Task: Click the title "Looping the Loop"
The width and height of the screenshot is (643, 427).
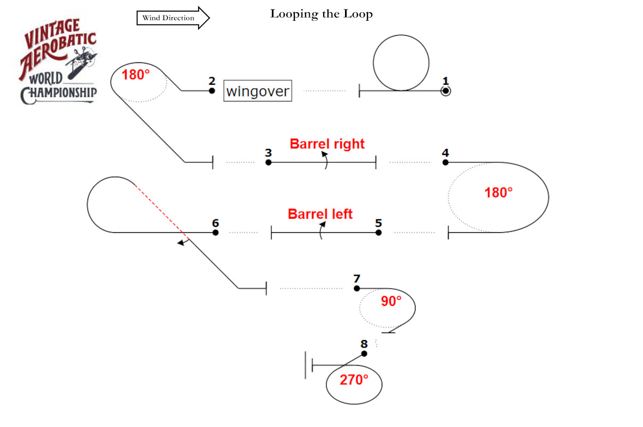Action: [x=321, y=14]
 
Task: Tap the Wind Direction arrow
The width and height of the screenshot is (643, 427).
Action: [x=173, y=18]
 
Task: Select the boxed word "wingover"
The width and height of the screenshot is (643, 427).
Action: [x=258, y=91]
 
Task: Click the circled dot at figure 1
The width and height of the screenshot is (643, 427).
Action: [x=445, y=91]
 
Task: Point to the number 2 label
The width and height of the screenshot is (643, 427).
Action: [x=212, y=81]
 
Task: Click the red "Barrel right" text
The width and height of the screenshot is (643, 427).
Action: [x=327, y=144]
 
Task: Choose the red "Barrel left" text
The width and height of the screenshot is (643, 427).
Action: [x=320, y=214]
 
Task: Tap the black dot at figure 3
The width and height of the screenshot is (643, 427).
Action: [x=269, y=162]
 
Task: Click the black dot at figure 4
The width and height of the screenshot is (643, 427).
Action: [x=445, y=162]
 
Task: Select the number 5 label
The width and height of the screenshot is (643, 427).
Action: [x=378, y=223]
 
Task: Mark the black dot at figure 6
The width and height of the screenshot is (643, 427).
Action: [x=215, y=233]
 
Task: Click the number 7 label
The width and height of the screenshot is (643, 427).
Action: [x=357, y=279]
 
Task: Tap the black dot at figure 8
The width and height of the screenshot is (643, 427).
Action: [x=364, y=353]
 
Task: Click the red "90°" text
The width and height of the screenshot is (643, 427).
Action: [x=391, y=301]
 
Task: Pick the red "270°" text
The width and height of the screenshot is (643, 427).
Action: [x=354, y=380]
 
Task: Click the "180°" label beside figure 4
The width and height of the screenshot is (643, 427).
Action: [x=498, y=193]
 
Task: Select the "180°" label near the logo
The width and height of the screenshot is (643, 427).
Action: [x=136, y=75]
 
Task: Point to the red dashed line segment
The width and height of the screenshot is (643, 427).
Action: [x=160, y=209]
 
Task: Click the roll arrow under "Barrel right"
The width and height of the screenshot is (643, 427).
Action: [x=325, y=160]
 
